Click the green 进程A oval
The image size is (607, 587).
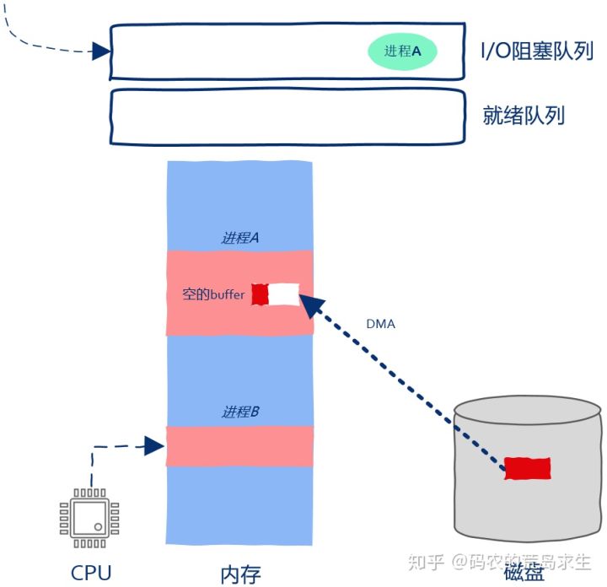click(x=402, y=51)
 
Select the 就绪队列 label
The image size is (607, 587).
click(x=523, y=115)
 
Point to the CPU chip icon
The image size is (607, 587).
click(x=89, y=517)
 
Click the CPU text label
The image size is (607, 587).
click(x=91, y=573)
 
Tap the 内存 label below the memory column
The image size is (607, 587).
click(x=240, y=574)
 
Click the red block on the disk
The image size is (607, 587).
click(x=527, y=468)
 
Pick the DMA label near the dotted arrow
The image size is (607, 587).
click(x=381, y=324)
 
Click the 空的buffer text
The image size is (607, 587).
click(x=213, y=295)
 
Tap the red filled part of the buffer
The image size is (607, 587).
click(x=261, y=294)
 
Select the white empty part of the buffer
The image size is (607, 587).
click(x=284, y=294)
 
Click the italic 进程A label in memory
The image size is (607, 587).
click(x=239, y=238)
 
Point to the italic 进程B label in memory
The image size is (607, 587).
click(x=239, y=412)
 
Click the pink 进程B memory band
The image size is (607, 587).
click(x=239, y=446)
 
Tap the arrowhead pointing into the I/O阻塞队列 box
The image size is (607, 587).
click(x=101, y=51)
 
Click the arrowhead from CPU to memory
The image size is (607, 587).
click(x=153, y=445)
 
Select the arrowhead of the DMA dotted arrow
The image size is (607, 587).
click(x=311, y=306)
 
